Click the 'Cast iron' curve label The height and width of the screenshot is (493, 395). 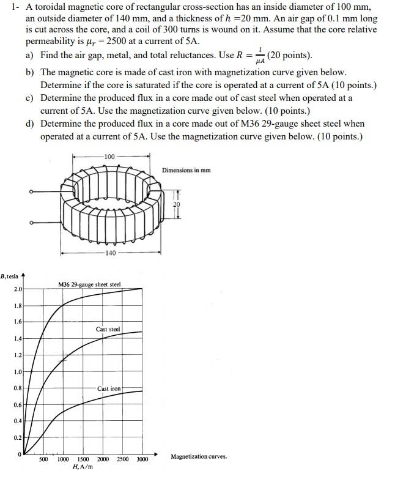(x=109, y=388)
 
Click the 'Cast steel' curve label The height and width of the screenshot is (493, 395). (x=108, y=329)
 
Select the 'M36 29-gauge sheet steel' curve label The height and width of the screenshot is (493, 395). (x=89, y=284)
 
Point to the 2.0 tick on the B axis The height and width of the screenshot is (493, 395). (x=18, y=289)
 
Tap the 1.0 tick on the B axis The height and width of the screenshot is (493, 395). (x=18, y=371)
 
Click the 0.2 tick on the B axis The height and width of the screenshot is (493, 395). (x=18, y=437)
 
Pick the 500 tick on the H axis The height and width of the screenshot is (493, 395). (x=44, y=459)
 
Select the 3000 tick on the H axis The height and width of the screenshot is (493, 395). (x=142, y=459)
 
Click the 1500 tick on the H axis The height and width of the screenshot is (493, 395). (x=83, y=459)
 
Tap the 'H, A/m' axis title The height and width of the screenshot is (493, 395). (x=83, y=467)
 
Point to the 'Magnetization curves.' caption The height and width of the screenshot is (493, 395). (x=199, y=456)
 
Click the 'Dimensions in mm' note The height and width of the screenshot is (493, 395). (x=186, y=170)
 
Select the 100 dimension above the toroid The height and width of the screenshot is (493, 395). (x=109, y=157)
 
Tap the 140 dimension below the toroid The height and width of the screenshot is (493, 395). (x=109, y=253)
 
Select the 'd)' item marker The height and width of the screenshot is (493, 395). (x=30, y=124)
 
